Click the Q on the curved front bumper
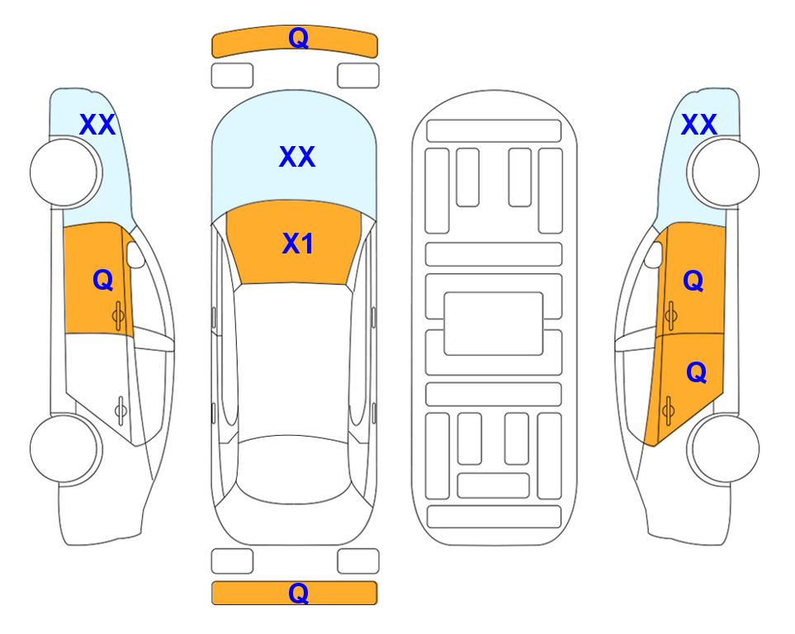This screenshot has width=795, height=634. tap(298, 38)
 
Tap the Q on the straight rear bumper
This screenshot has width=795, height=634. tap(298, 593)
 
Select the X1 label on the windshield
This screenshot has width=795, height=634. tap(298, 244)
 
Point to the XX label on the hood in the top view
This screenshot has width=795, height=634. tap(297, 156)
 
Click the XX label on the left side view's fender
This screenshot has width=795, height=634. tap(97, 125)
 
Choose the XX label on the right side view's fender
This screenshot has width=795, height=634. tap(698, 125)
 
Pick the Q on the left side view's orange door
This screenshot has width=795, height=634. tap(103, 280)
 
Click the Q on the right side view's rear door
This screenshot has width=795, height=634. tap(696, 373)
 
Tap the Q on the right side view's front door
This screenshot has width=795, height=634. tap(693, 281)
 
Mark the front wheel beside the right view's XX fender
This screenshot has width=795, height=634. tap(723, 173)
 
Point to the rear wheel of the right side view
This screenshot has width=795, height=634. tap(723, 448)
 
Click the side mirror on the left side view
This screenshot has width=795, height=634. tap(135, 254)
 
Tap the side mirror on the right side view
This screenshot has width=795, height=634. tap(654, 254)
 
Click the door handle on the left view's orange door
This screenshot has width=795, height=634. tap(119, 315)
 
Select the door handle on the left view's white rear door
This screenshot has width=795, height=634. tap(121, 409)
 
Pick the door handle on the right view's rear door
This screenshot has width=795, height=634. tap(668, 409)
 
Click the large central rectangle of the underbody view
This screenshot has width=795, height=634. tap(494, 324)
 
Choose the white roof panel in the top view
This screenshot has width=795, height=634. tap(293, 360)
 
